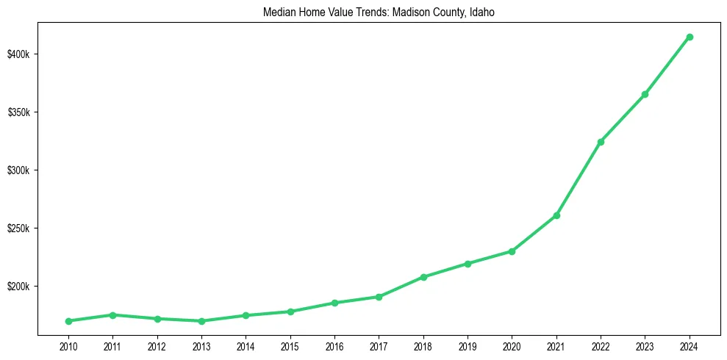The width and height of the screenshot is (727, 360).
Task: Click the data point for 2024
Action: pyautogui.click(x=690, y=37)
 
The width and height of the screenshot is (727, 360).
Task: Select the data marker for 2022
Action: pyautogui.click(x=601, y=142)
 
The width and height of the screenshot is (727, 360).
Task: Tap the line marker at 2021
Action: pyautogui.click(x=556, y=215)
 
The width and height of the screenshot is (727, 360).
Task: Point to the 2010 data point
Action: pyautogui.click(x=68, y=321)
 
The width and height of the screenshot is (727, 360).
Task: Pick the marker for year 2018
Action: pyautogui.click(x=423, y=277)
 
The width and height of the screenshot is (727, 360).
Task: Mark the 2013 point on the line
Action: pyautogui.click(x=201, y=321)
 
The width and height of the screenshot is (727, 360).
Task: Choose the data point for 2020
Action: pyautogui.click(x=512, y=251)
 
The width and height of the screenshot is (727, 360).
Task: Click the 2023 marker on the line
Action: pyautogui.click(x=645, y=94)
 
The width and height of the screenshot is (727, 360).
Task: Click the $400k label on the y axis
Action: pyautogui.click(x=18, y=54)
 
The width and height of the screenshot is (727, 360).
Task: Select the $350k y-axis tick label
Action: pyautogui.click(x=18, y=112)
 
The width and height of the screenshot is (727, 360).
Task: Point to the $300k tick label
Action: pyautogui.click(x=18, y=170)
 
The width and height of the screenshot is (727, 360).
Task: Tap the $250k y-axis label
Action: pyautogui.click(x=18, y=228)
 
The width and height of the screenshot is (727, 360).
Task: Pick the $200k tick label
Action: pyautogui.click(x=18, y=287)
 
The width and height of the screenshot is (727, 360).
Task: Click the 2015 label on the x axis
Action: pyautogui.click(x=290, y=345)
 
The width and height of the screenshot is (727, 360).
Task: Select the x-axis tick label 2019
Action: pyautogui.click(x=468, y=345)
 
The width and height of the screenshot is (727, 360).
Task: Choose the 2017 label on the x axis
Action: pyautogui.click(x=379, y=345)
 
